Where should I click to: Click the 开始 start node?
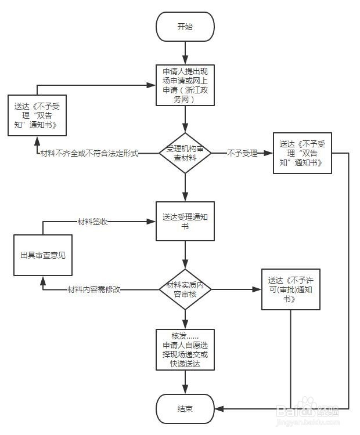tap(185, 27)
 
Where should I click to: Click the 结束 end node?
tap(185, 409)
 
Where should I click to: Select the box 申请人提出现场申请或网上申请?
tap(185, 85)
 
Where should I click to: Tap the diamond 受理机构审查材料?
tap(185, 153)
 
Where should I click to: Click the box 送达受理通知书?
tap(185, 221)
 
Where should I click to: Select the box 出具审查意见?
tap(43, 255)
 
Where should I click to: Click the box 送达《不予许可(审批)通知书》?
tap(290, 288)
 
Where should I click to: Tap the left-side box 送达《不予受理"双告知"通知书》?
tap(37, 116)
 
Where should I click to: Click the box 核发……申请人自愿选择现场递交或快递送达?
tap(185, 350)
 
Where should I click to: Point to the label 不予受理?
tap(242, 154)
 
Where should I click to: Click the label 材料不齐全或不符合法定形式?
tap(89, 154)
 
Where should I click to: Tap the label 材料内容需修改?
tap(93, 289)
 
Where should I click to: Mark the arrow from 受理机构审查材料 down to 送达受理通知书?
tap(185, 187)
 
